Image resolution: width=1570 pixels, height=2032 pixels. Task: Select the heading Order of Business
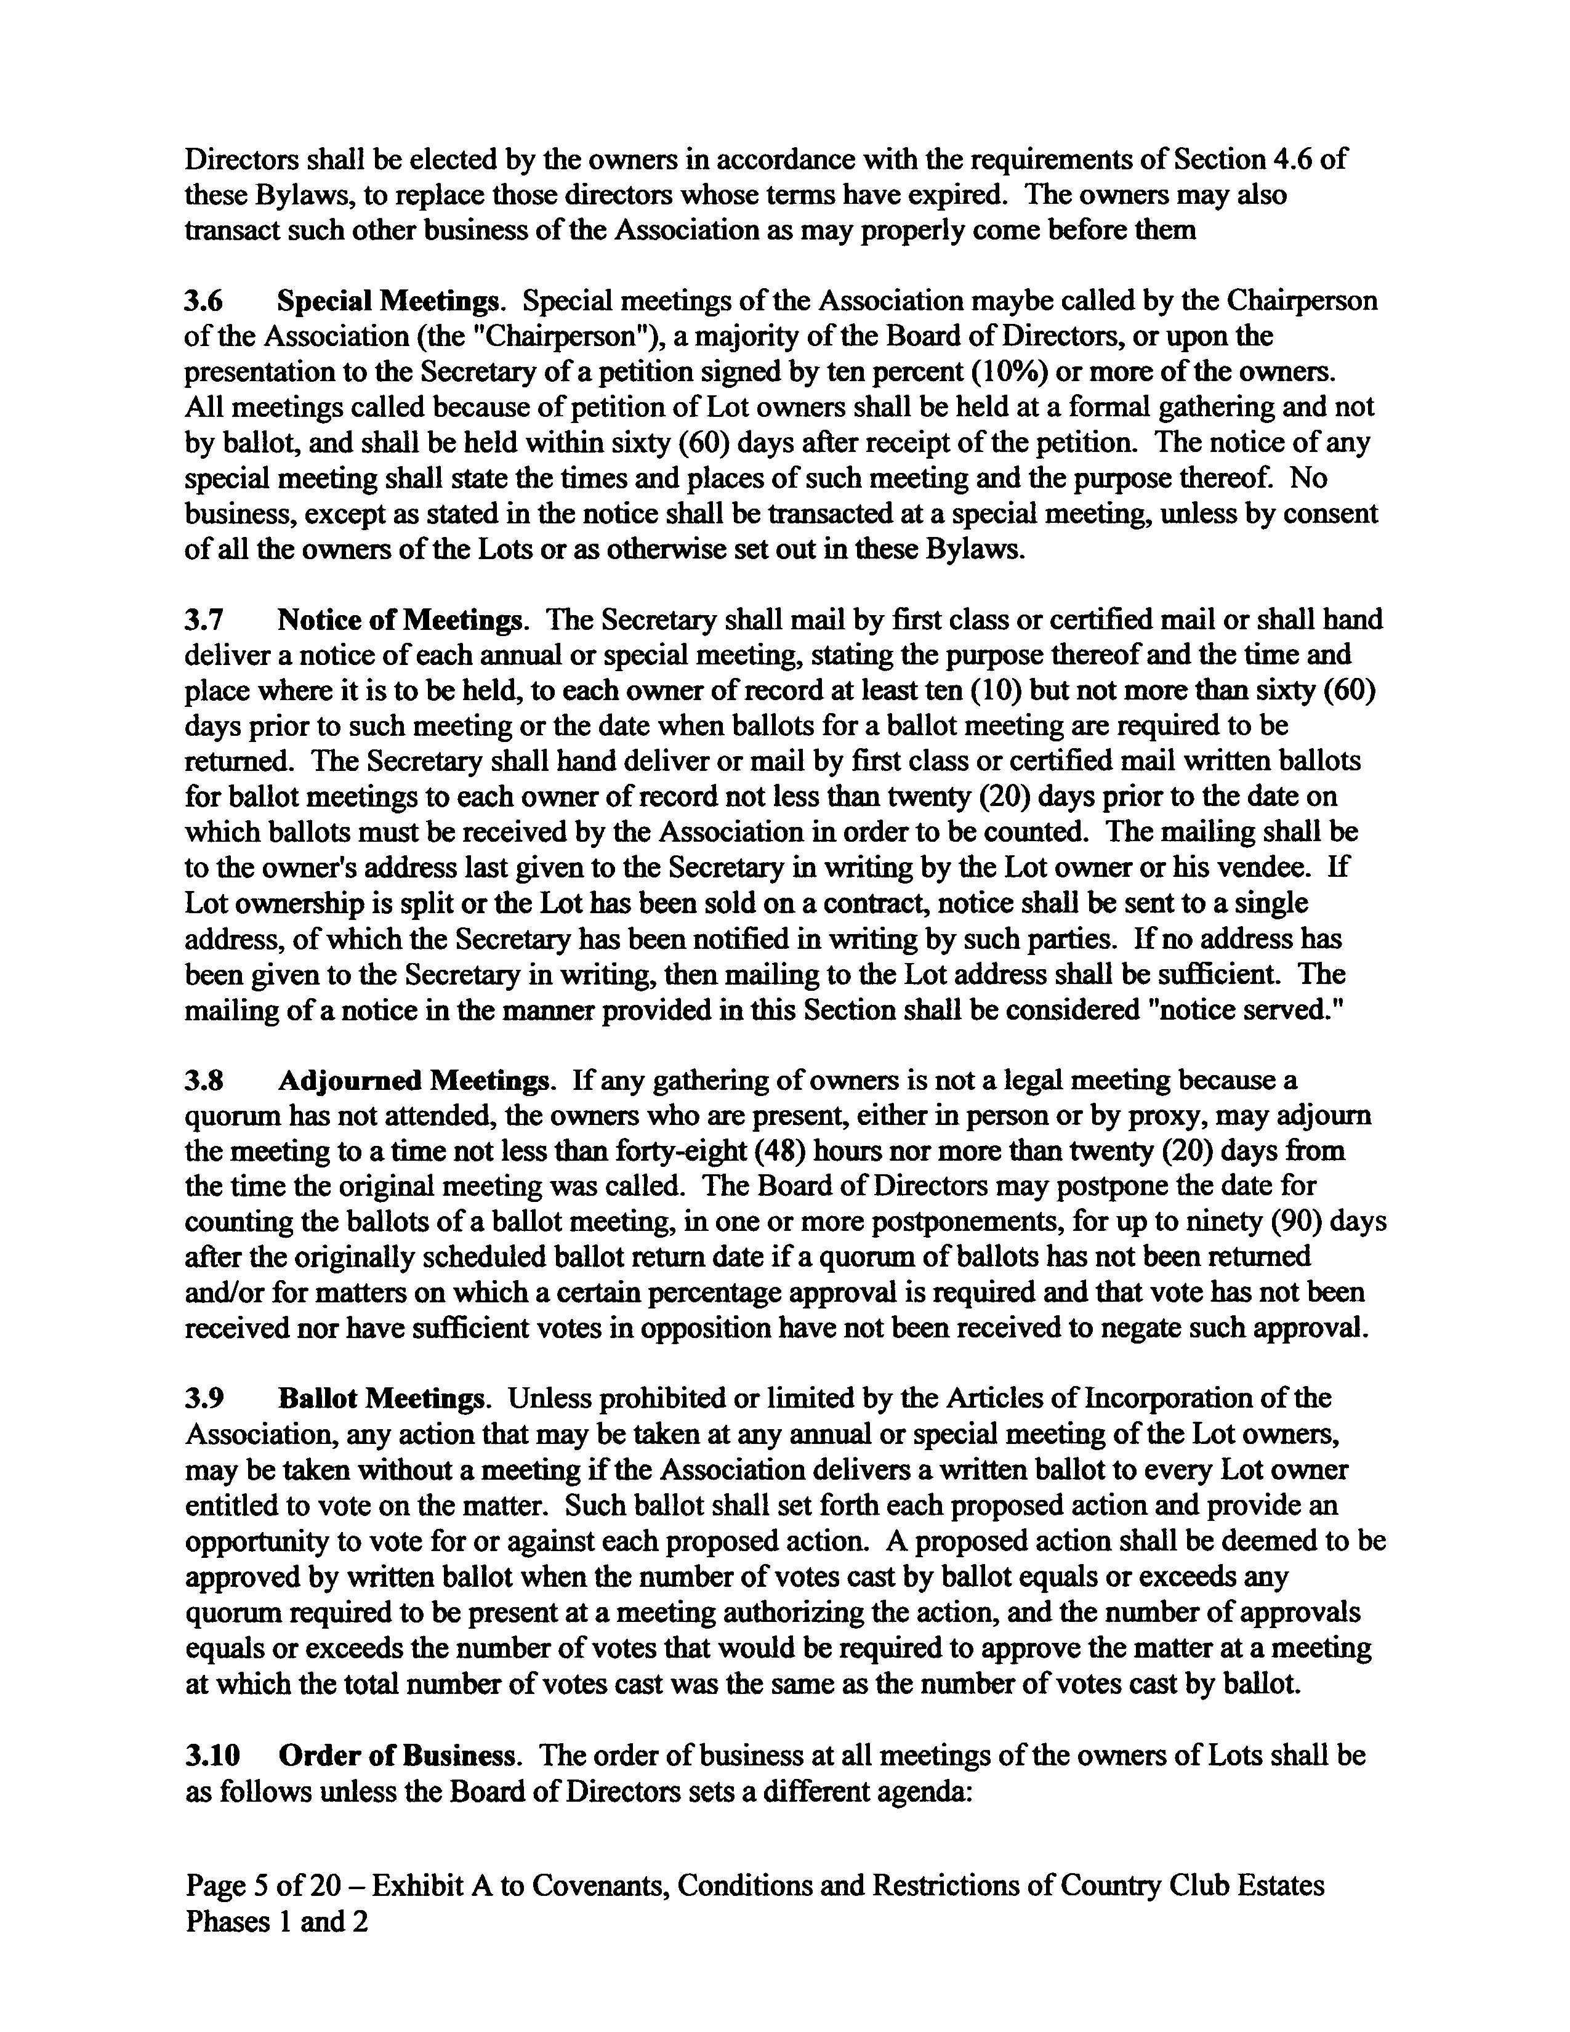click(x=397, y=1756)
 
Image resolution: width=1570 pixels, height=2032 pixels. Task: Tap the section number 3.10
click(x=212, y=1756)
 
